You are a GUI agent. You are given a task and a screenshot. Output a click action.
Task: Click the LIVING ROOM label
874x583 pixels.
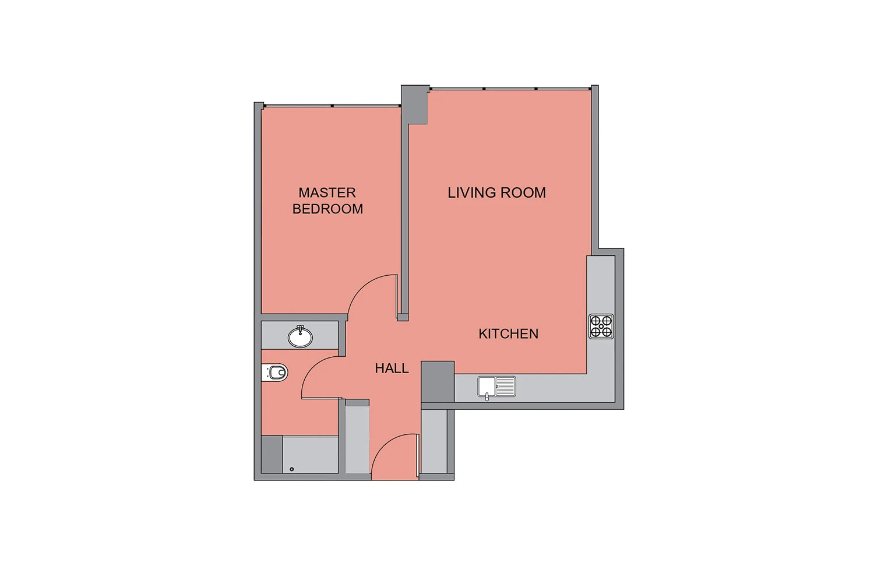[496, 192]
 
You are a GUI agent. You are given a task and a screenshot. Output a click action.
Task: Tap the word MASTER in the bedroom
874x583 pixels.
[327, 192]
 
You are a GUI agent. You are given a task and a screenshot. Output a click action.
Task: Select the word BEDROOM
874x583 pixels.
[327, 209]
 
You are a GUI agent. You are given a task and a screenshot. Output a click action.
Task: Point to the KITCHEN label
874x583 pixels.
[509, 333]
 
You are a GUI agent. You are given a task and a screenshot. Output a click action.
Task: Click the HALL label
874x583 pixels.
[392, 368]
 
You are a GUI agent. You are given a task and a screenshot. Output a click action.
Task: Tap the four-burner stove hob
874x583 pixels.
[601, 326]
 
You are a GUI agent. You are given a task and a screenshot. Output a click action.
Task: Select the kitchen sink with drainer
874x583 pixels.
[496, 387]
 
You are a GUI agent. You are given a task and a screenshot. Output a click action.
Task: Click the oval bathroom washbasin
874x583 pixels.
[300, 336]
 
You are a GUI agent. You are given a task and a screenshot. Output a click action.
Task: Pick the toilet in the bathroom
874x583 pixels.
[274, 373]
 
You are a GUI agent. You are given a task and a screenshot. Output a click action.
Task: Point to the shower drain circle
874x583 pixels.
[292, 469]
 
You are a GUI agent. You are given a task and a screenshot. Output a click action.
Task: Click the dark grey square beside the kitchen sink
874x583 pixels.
[438, 381]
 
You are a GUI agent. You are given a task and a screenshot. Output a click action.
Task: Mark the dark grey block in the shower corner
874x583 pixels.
[272, 455]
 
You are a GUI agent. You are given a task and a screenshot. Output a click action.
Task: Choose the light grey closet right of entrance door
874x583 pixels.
[434, 441]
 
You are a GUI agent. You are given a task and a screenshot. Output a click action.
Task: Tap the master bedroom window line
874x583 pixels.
[332, 106]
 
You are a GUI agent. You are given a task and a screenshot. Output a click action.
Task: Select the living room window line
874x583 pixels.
[510, 89]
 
